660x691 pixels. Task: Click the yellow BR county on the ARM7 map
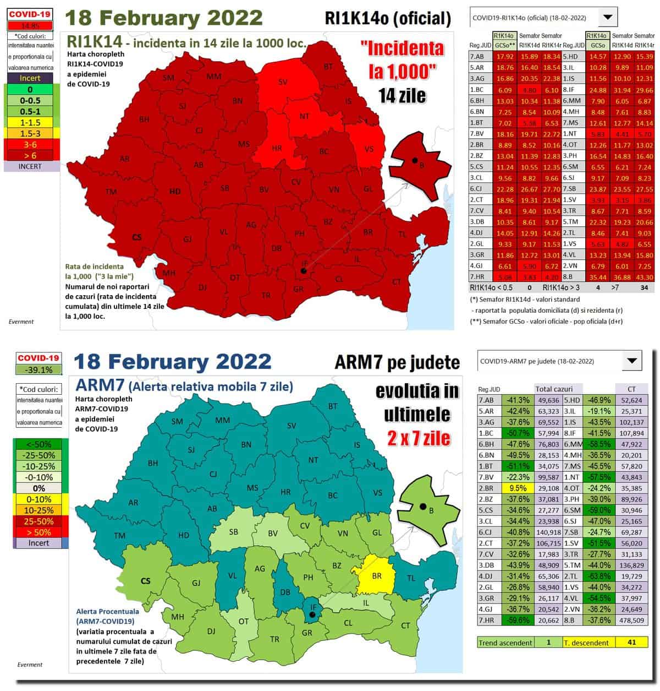376,577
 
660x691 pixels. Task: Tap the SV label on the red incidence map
283,82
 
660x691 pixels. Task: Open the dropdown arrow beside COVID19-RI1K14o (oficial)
607,17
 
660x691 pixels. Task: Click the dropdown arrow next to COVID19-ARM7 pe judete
631,361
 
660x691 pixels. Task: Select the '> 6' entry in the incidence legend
30,155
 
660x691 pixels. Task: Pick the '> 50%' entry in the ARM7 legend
38,532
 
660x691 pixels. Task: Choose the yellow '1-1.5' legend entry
30,122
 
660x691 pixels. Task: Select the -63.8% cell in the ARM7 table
598,576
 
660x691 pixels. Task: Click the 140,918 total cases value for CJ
547,532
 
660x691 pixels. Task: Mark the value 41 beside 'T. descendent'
631,642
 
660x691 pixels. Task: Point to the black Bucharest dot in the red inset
414,160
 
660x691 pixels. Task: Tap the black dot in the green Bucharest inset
422,506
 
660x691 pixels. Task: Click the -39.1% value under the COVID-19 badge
38,370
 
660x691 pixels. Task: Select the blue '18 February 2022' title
172,362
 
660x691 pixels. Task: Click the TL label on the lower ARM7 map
411,579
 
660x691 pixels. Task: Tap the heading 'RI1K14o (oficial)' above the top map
388,18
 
